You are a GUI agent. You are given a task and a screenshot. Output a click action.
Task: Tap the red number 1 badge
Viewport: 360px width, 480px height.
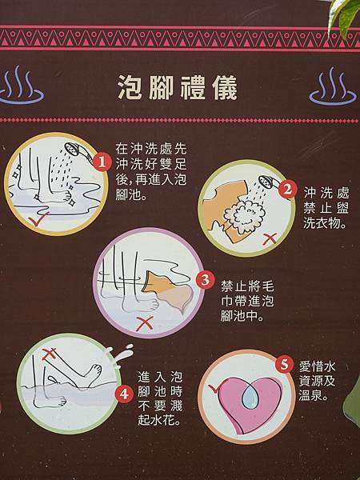[101, 162]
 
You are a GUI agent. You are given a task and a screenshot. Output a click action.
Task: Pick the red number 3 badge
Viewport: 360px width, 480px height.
[205, 280]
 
